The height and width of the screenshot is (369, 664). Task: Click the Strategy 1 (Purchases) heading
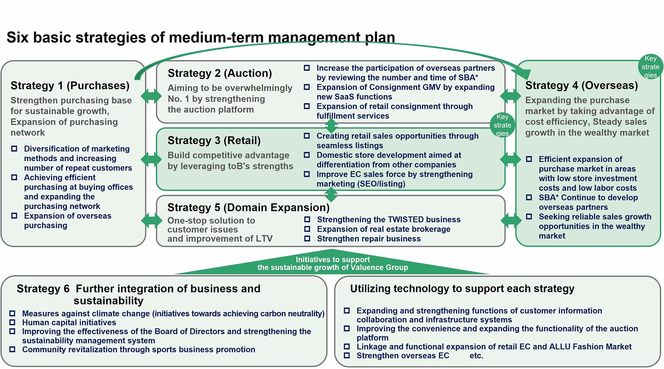70,85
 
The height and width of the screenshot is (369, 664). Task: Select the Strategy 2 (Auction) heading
220,73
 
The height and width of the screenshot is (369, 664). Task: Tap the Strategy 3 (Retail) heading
214,140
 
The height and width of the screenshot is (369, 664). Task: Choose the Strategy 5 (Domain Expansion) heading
248,208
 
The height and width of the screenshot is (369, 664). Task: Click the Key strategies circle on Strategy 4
650,67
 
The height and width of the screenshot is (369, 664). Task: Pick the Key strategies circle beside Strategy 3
502,125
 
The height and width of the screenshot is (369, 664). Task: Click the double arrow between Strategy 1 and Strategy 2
151,96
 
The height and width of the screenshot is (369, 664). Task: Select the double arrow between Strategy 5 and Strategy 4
510,220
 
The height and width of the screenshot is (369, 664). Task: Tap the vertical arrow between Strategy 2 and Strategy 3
331,126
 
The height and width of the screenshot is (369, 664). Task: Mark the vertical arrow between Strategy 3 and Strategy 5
331,194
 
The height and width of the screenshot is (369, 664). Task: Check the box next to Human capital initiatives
12,323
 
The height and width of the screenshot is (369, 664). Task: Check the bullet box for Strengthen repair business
307,238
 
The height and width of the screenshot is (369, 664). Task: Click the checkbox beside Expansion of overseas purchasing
14,216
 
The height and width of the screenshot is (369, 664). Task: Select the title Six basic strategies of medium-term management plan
201,37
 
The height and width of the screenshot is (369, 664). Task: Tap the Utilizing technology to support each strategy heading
462,289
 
